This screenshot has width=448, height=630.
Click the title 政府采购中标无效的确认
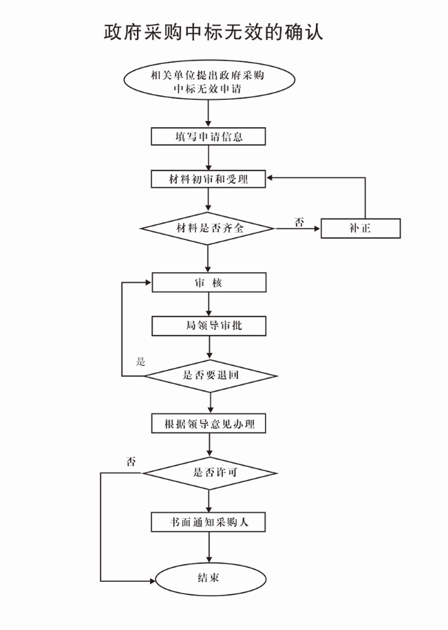click(x=213, y=32)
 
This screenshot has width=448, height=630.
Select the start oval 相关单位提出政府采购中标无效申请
click(x=208, y=81)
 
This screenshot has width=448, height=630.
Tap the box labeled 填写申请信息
click(x=208, y=136)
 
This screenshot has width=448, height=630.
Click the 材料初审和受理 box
click(x=208, y=179)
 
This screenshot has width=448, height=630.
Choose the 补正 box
click(x=361, y=228)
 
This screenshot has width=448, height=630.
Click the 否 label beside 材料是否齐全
click(x=299, y=221)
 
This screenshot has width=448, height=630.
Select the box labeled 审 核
click(x=208, y=283)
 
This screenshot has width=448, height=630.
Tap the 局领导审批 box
click(x=208, y=325)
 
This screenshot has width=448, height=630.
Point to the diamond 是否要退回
click(x=209, y=376)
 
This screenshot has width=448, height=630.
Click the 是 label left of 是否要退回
click(x=141, y=362)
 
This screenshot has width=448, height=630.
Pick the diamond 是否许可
click(x=209, y=473)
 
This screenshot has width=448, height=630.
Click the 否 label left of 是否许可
click(x=131, y=461)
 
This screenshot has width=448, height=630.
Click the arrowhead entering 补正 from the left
click(x=317, y=228)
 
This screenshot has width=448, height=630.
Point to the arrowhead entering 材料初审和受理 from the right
click(x=271, y=179)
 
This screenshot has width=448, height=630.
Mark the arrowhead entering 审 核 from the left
click(x=147, y=283)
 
